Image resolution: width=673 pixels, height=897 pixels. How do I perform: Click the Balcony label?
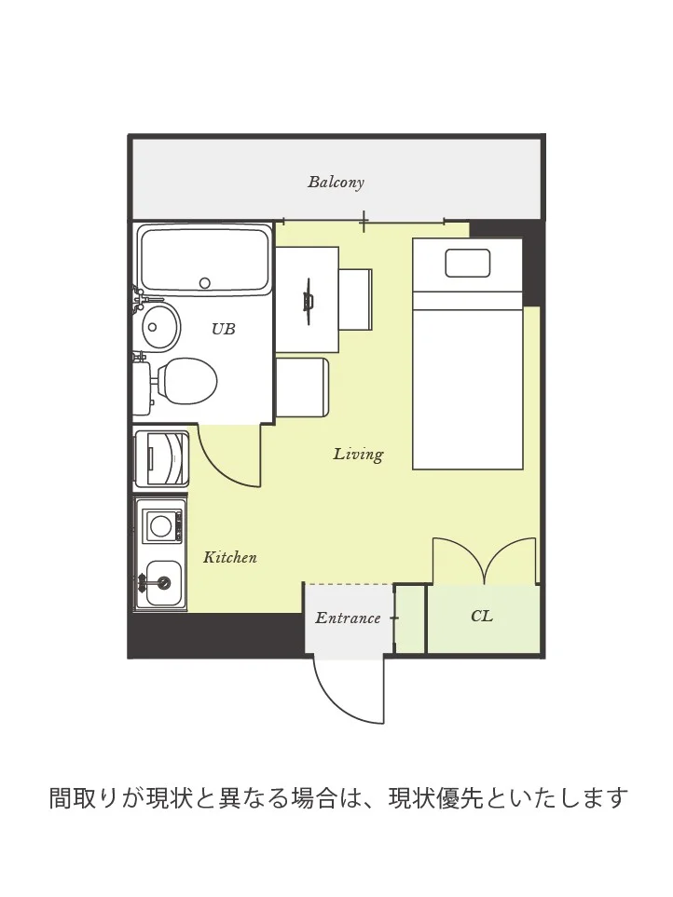336,182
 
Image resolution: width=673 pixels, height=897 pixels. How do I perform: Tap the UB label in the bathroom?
223,329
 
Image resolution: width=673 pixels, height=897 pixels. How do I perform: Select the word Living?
358,455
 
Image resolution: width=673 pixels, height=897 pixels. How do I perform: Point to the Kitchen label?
230,557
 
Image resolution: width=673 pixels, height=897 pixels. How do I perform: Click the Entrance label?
348,618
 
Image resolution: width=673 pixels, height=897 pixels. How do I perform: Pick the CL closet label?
482,616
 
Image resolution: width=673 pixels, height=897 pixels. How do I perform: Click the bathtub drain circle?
205,282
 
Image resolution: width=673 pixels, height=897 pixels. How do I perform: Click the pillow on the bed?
468,264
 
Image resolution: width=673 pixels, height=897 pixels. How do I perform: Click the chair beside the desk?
355,300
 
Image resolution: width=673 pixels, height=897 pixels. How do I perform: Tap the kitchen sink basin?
164,583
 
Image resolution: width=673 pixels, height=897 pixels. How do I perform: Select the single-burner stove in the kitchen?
162,524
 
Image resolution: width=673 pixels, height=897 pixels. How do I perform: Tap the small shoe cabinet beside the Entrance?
410,618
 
